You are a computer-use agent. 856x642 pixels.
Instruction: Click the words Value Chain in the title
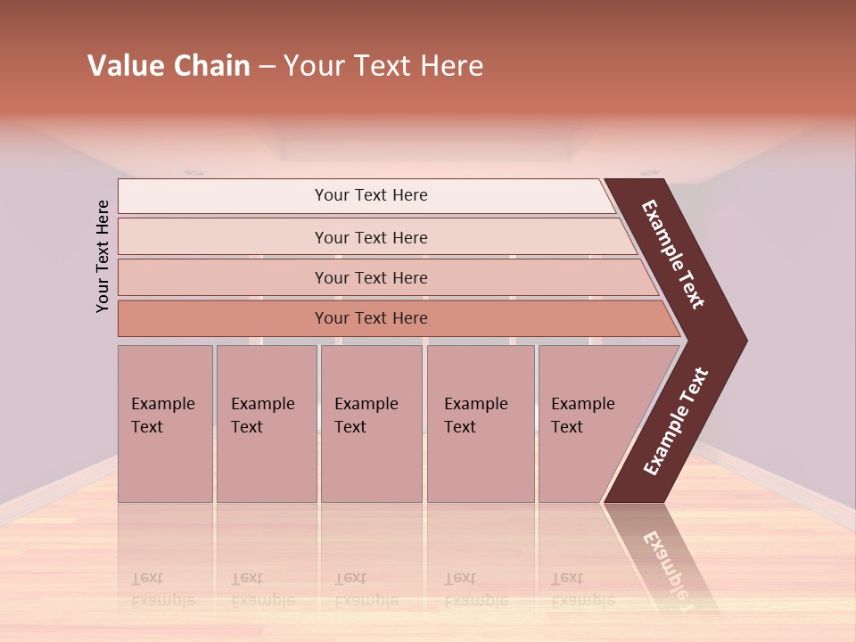tap(169, 66)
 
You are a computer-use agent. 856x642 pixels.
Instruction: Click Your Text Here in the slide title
tap(383, 66)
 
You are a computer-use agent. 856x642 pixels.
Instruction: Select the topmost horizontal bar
tap(223, 195)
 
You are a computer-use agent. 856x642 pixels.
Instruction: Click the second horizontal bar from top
tap(223, 237)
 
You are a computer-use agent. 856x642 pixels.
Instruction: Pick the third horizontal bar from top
tap(223, 277)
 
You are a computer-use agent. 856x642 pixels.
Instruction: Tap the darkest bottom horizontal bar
tap(223, 318)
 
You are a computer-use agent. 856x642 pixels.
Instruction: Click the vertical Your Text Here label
tap(103, 256)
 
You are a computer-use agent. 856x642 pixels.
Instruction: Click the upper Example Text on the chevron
tap(674, 254)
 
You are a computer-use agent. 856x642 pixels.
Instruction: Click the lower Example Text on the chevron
tap(675, 421)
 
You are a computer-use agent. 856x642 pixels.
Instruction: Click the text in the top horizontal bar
tap(371, 195)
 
